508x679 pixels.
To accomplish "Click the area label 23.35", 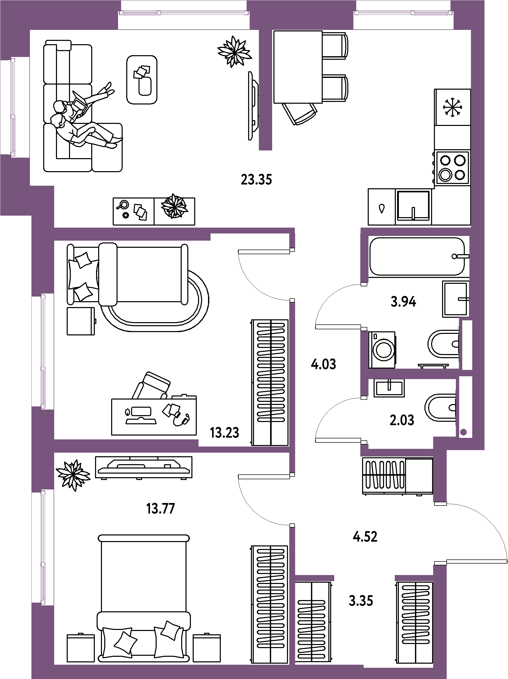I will pos(257,180).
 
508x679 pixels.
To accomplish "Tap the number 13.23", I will pos(225,433).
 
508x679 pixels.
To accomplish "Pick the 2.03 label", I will pos(402,420).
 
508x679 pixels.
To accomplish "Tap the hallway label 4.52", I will pos(365,536).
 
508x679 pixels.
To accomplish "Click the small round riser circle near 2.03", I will pos(464,432).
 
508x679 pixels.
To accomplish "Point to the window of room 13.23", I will pos(43,350).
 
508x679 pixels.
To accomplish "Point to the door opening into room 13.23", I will pos(292,275).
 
